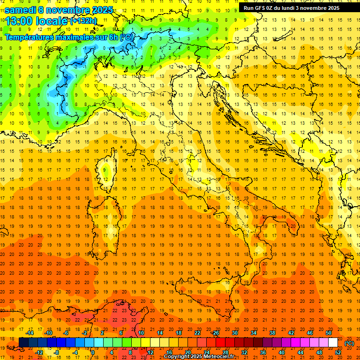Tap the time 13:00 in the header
(20, 21)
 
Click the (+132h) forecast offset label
(83, 21)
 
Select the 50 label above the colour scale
(329, 333)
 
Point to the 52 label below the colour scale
(337, 352)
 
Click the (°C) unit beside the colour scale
(349, 343)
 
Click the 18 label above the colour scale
(178, 333)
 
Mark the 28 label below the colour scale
(225, 352)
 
